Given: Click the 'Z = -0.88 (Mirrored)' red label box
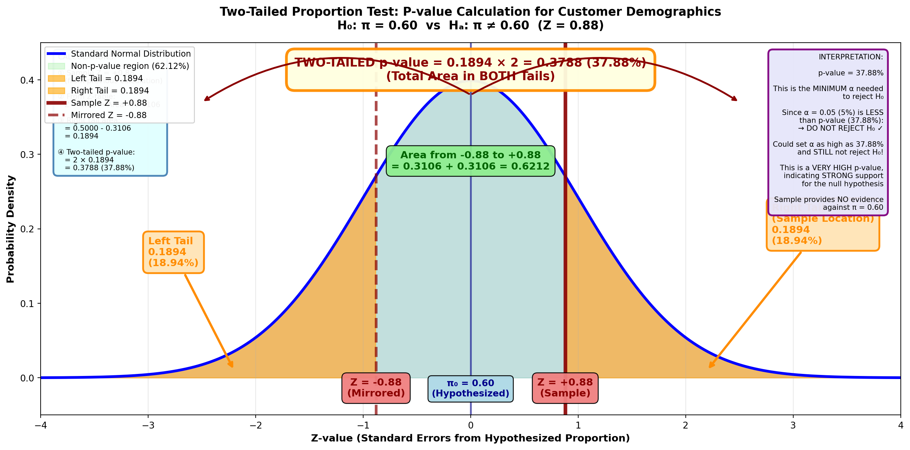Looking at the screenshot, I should [376, 388].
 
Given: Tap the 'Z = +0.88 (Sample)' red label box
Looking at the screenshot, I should [565, 388].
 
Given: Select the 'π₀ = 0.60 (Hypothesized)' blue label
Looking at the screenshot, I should [470, 389].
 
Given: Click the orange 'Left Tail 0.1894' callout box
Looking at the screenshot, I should [173, 252].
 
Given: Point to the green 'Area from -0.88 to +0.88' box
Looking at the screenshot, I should [470, 161].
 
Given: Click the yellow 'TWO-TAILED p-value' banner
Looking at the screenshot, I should [470, 70].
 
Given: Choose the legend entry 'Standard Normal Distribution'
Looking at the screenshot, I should [131, 54].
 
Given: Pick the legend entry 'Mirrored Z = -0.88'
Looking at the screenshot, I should [109, 115].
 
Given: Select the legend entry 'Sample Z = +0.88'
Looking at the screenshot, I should [109, 103].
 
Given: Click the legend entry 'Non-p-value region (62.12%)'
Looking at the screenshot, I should [130, 66].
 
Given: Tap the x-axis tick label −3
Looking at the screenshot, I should [148, 426].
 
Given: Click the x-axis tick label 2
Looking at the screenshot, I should [685, 426].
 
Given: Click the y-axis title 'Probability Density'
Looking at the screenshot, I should [11, 229].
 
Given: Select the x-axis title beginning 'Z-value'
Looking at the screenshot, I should [470, 438].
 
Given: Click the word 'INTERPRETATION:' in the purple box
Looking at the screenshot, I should [851, 57].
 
